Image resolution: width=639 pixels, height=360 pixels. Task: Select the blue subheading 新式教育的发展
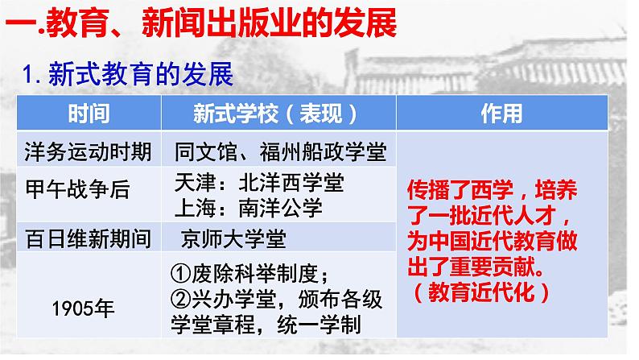tap(141, 74)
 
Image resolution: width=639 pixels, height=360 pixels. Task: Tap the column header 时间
tap(89, 114)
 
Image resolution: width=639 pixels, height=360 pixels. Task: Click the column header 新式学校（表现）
tap(275, 114)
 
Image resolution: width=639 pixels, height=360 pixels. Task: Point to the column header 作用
tap(501, 114)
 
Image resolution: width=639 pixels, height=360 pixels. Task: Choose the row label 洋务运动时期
tap(88, 151)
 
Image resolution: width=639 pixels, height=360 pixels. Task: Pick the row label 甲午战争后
tap(77, 189)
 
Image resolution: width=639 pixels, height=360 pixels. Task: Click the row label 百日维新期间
tap(88, 238)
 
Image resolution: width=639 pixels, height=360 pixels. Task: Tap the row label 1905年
tap(83, 308)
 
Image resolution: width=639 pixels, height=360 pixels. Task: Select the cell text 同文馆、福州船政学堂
tap(280, 151)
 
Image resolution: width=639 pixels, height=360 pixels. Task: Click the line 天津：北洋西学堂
tap(259, 182)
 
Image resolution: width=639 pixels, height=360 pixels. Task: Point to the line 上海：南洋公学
tap(249, 208)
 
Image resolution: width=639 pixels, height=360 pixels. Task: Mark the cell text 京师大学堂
tap(233, 238)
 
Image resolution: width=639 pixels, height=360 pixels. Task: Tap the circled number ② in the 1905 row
tap(181, 300)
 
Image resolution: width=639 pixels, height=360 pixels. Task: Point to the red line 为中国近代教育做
tap(493, 241)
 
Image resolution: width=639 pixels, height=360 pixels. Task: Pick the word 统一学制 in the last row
tap(319, 325)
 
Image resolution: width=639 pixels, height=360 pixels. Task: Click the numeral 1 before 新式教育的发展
tap(27, 75)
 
